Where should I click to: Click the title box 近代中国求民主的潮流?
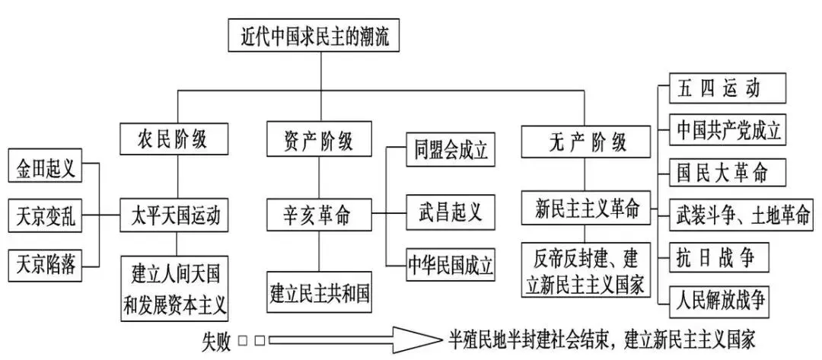(320, 34)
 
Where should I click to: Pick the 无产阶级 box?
(587, 142)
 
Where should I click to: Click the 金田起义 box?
(45, 169)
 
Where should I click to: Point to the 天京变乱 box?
(45, 216)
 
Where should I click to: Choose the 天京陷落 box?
(45, 263)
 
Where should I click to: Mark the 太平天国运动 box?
(176, 216)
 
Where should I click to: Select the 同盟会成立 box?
(446, 149)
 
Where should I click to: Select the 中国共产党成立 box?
(728, 130)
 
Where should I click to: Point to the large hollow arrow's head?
(426, 339)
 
